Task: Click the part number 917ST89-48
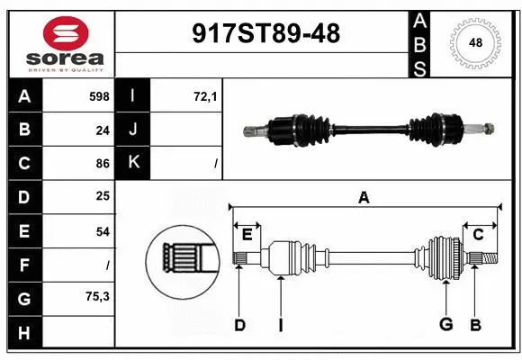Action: pos(267,34)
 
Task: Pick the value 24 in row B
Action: pos(103,130)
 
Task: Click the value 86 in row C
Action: pos(103,164)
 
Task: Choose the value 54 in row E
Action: pos(103,231)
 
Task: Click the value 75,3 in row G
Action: pos(98,296)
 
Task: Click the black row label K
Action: pos(134,163)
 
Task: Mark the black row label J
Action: pos(134,130)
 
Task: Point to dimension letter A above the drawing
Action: pos(364,197)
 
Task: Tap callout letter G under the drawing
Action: pos(445,324)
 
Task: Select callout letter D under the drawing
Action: pos(239,324)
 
